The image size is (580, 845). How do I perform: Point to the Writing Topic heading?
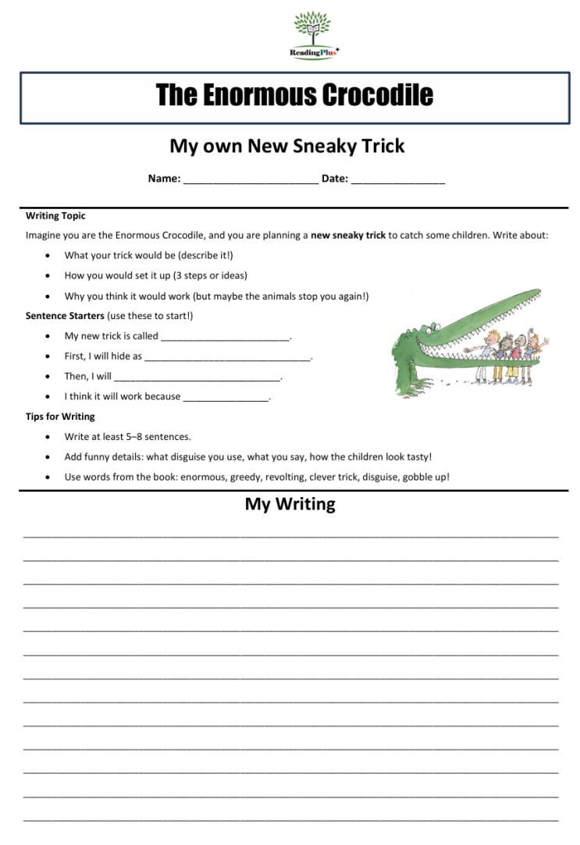coord(55,215)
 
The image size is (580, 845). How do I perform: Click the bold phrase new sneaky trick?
coord(348,235)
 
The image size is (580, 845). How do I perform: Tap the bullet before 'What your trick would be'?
coord(49,255)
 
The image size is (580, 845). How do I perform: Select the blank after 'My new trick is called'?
coord(225,337)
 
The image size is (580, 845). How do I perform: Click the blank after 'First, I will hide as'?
coord(227,357)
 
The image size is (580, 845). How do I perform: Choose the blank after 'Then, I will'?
coord(197,378)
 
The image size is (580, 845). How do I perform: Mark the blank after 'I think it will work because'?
coord(226,398)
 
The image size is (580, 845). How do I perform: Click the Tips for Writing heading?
coord(60,417)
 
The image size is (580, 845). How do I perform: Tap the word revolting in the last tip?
coord(285,477)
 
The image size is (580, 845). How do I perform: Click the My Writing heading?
coord(290,504)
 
